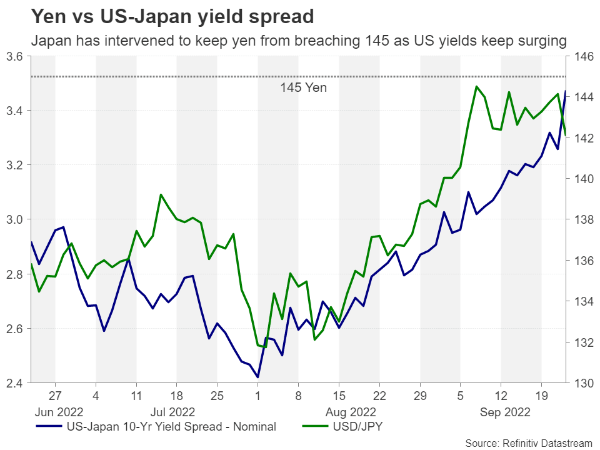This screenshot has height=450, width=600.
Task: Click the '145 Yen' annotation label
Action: [302, 87]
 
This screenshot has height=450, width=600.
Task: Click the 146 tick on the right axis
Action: [580, 57]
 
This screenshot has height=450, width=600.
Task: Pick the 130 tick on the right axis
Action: [580, 383]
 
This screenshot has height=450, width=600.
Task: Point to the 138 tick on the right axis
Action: [580, 220]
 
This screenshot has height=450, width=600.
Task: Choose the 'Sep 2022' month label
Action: [506, 412]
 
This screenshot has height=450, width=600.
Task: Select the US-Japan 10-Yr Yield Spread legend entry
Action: [171, 427]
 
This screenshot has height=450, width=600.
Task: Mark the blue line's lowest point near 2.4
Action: [257, 377]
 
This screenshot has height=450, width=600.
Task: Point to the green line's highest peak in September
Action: [476, 86]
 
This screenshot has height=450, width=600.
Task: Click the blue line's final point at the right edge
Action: [566, 91]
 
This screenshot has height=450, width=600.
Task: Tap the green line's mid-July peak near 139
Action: [161, 194]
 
